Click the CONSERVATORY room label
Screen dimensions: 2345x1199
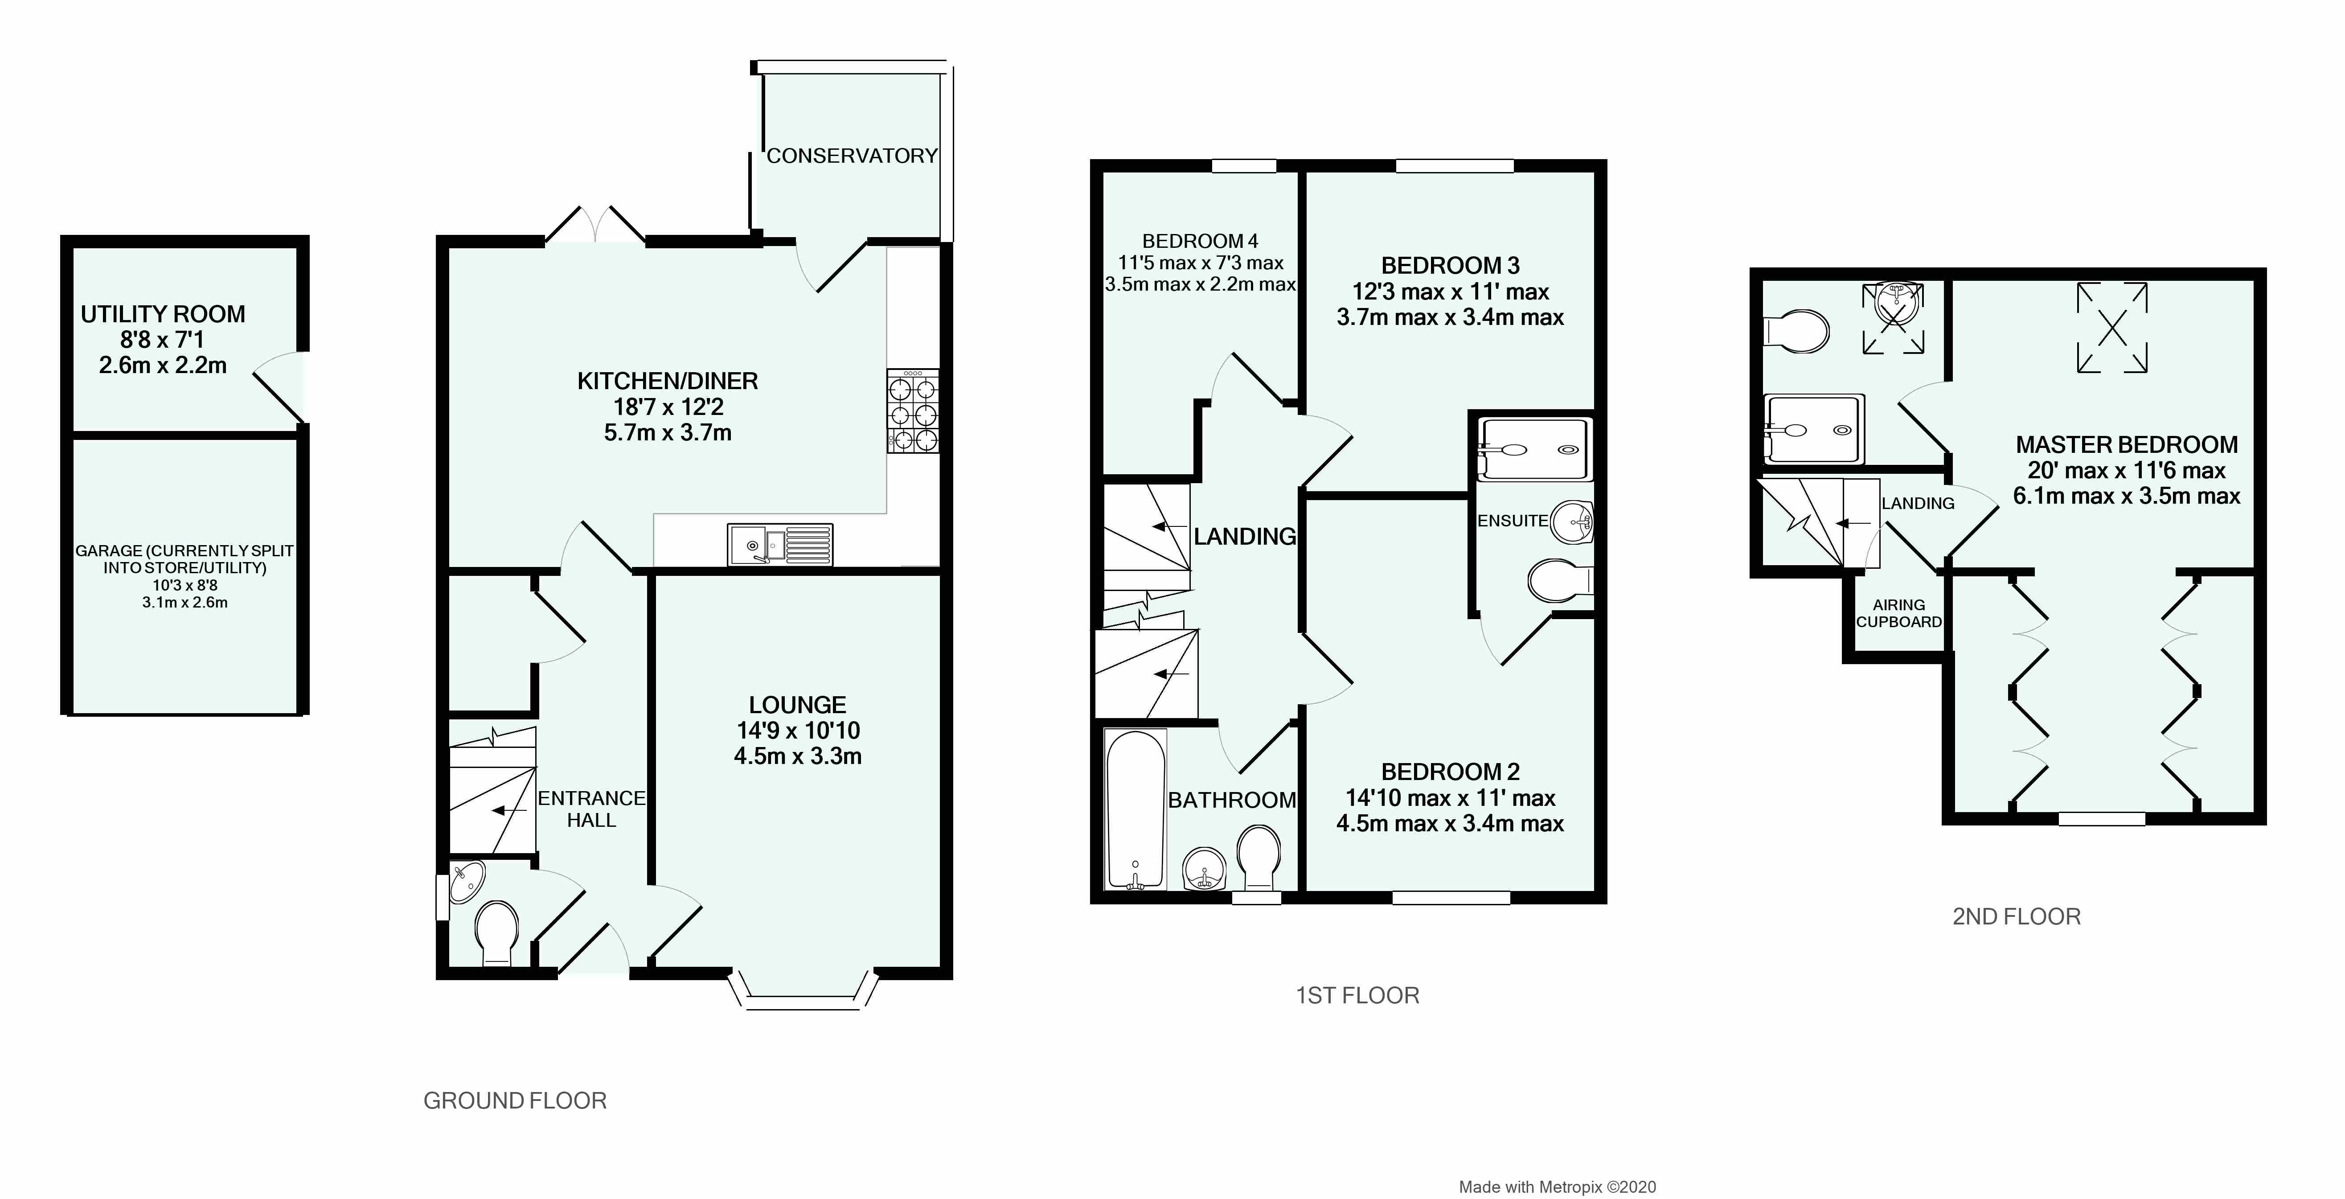point(851,156)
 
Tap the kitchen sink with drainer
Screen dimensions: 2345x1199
point(779,544)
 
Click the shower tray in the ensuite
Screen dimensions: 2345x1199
point(1535,449)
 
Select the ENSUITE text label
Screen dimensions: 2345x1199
point(1512,521)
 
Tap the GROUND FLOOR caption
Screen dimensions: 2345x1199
point(515,1100)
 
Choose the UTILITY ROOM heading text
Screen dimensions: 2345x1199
point(163,314)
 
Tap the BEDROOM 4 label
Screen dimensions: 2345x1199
point(1200,241)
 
